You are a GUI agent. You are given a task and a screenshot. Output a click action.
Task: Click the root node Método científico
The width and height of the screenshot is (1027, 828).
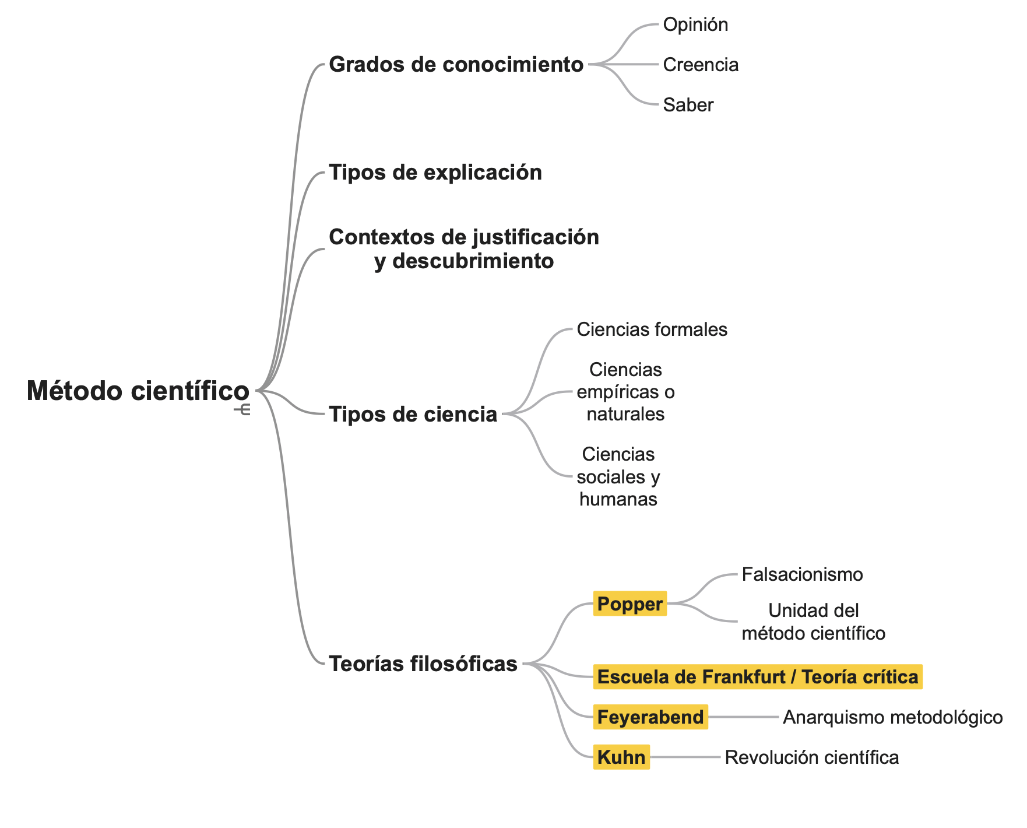coord(138,391)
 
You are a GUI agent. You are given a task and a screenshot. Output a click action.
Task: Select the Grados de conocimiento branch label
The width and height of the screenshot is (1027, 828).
coord(456,64)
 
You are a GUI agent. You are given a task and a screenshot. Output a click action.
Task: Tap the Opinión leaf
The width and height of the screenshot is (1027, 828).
coord(695,24)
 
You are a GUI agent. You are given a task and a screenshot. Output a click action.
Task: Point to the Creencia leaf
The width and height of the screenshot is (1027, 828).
coord(701,65)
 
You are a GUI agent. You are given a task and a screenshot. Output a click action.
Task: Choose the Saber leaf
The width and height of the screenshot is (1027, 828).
coord(688,105)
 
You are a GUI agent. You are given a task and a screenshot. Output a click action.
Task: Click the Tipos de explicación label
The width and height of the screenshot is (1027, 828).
coord(435,173)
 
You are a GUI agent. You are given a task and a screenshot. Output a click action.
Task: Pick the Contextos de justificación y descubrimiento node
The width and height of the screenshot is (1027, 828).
coord(464,249)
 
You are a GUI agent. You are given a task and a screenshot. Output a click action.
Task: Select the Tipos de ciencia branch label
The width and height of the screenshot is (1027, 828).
coord(413,415)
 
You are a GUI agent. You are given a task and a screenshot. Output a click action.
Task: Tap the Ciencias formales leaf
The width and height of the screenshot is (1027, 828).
coord(652,329)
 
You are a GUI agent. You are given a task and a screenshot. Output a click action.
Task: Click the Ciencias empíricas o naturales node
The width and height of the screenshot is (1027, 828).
coord(625,392)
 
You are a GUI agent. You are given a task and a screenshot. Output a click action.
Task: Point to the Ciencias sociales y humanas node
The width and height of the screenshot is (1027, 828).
coord(618,476)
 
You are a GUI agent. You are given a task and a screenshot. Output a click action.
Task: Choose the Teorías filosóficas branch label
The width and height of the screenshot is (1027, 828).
coord(423,664)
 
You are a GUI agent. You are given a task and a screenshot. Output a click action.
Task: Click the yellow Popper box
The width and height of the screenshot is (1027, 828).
coord(629,604)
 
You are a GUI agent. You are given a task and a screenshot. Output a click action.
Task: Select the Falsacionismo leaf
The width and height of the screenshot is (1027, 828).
coord(802,574)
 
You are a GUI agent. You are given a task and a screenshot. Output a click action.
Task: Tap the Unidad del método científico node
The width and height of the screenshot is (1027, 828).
coord(813,622)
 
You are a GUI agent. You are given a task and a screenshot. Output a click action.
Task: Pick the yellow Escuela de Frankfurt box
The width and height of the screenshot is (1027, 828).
coord(757,677)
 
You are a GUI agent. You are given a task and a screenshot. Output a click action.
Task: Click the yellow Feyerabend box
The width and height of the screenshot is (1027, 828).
coord(650,717)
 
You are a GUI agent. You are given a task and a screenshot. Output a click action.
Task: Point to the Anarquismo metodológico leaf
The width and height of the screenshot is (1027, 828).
coord(892,717)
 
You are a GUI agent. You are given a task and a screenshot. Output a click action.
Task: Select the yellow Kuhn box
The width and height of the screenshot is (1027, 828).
coord(621,757)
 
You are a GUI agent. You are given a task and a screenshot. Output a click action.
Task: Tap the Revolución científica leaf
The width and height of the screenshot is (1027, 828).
coord(811,757)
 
